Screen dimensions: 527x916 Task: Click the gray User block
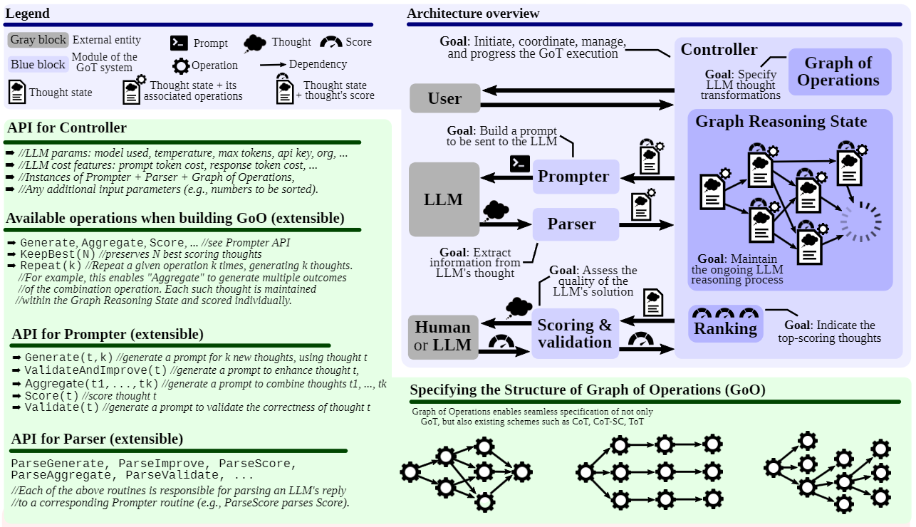coord(444,98)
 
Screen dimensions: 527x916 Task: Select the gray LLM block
coord(444,199)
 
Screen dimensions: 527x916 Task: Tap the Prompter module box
coord(576,177)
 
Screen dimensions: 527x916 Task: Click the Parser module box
coord(576,224)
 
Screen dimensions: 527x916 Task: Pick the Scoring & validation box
coord(574,334)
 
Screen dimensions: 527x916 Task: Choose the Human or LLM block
coord(443,337)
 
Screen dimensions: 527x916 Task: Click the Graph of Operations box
coord(838,72)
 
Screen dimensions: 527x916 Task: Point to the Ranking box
coord(725,328)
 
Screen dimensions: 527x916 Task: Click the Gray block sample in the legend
coord(38,40)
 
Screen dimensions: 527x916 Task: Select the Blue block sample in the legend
coord(38,64)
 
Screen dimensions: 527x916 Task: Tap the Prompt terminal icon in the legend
coord(179,43)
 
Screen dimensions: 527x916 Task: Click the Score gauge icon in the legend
coord(331,42)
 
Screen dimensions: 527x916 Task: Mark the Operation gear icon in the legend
coord(181,66)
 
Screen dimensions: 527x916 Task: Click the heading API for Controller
coord(67,128)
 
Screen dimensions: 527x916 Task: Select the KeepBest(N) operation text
coord(57,254)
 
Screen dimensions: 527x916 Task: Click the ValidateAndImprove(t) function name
coord(95,370)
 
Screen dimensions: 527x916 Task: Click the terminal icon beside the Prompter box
coord(520,164)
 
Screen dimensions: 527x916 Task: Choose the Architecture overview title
coord(473,14)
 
